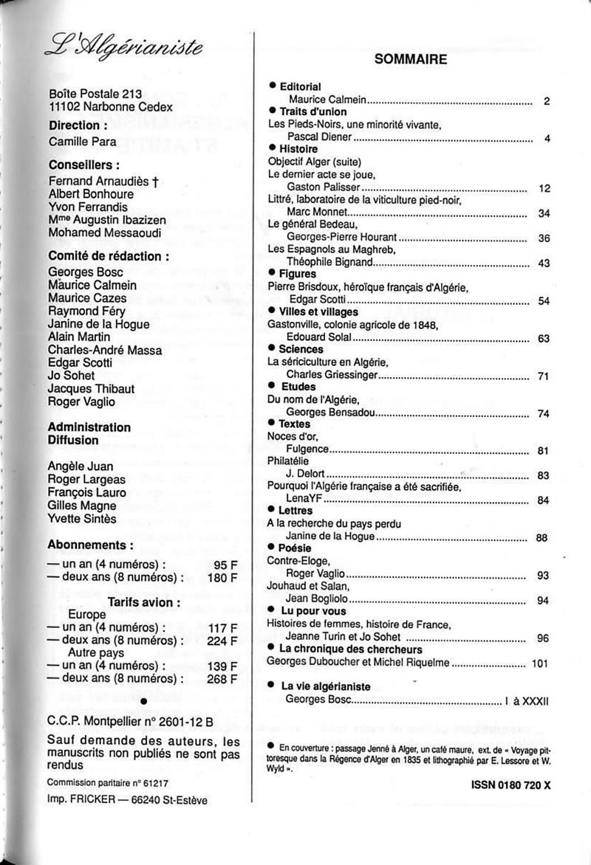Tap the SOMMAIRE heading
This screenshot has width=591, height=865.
[x=410, y=60]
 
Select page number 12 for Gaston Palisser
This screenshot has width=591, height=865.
[x=545, y=189]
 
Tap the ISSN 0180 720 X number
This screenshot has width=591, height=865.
[x=510, y=786]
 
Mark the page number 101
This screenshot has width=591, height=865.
[x=541, y=664]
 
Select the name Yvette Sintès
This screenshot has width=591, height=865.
[x=81, y=519]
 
